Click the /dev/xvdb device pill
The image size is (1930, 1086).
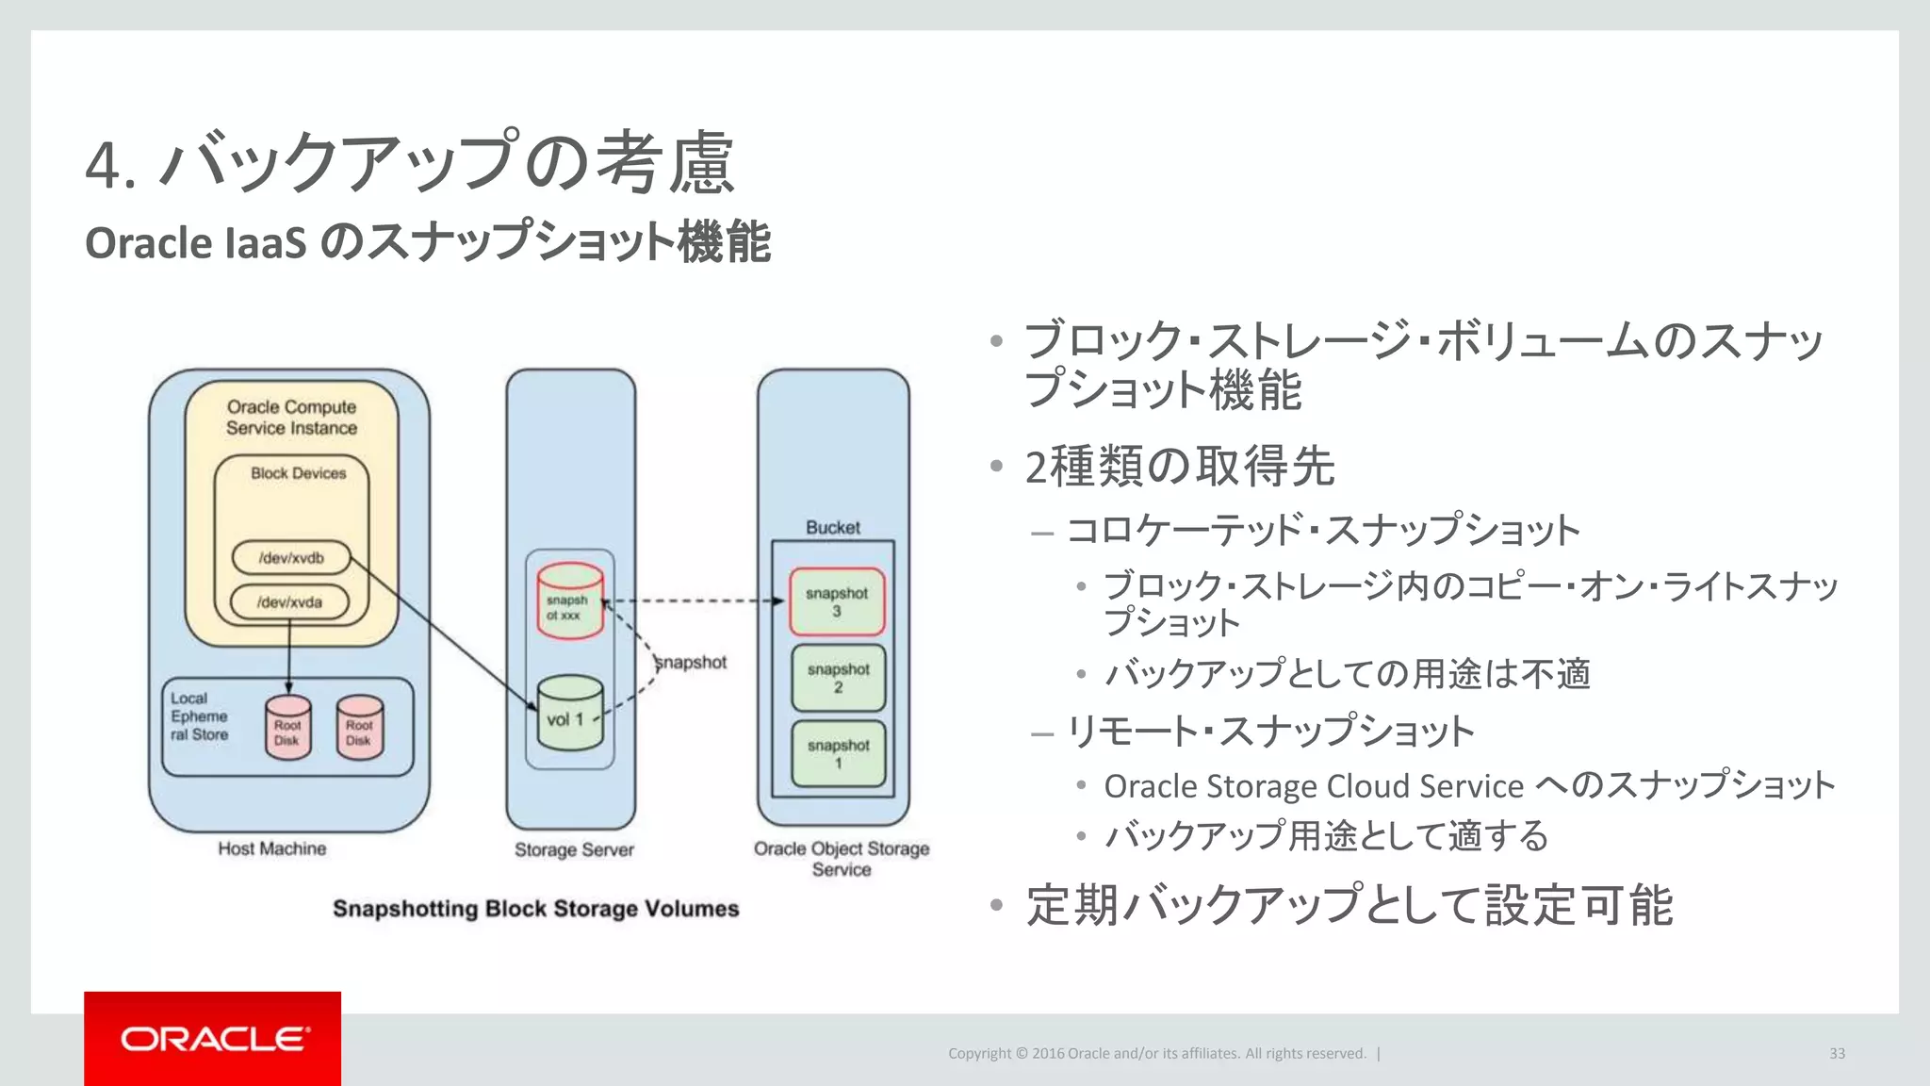(x=291, y=557)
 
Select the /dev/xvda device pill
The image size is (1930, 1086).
(x=290, y=602)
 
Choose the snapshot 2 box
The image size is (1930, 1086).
(x=838, y=678)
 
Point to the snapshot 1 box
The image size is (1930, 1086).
(x=838, y=754)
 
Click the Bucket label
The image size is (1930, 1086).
(x=833, y=527)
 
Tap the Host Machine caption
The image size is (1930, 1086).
(x=272, y=848)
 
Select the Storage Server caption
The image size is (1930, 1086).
(x=574, y=849)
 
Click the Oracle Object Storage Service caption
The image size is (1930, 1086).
(x=842, y=859)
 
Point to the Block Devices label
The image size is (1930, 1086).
(x=298, y=473)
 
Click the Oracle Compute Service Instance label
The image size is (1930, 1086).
(x=291, y=418)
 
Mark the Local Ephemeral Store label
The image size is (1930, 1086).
(x=200, y=716)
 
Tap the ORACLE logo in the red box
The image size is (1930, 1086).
(x=215, y=1039)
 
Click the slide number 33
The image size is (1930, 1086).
(x=1837, y=1053)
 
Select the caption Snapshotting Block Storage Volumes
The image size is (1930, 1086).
(x=535, y=909)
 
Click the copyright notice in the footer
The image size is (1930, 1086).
(x=1156, y=1053)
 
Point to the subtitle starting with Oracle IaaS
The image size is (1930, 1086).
(x=428, y=242)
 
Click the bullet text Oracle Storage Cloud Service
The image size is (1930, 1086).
(x=1314, y=786)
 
